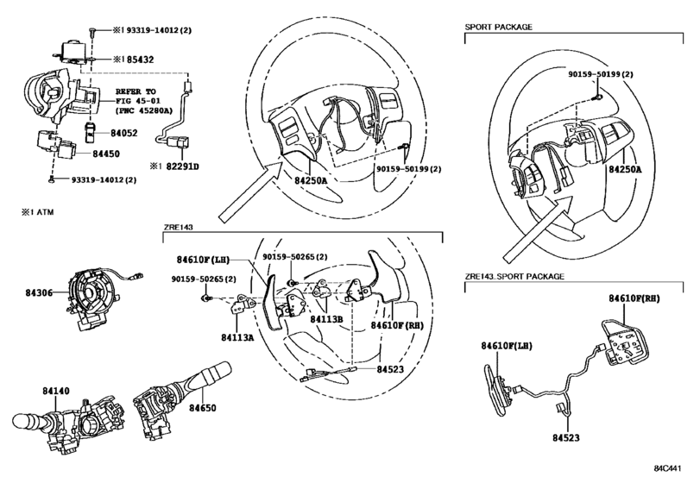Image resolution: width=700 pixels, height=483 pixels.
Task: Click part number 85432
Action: point(140,60)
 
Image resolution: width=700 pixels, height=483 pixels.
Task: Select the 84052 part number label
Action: point(124,133)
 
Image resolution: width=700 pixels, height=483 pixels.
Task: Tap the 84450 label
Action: point(106,154)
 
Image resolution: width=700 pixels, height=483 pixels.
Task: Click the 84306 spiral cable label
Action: point(39,293)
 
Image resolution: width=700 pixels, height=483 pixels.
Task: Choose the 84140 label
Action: point(56,391)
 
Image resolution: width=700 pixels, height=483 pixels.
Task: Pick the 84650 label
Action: point(202,408)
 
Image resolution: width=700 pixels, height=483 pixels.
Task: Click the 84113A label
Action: point(237,337)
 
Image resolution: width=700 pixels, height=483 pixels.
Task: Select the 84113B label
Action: point(327,319)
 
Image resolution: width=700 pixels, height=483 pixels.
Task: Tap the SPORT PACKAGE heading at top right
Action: point(499,27)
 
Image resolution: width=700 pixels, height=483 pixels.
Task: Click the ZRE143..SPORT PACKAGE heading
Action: point(514,277)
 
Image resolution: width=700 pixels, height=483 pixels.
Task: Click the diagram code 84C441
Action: point(668,468)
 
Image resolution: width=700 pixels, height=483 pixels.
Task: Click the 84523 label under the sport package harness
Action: point(566,438)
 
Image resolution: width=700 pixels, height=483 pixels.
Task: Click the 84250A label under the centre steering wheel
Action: point(312,180)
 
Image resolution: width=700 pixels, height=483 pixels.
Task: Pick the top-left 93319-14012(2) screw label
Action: point(159,30)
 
